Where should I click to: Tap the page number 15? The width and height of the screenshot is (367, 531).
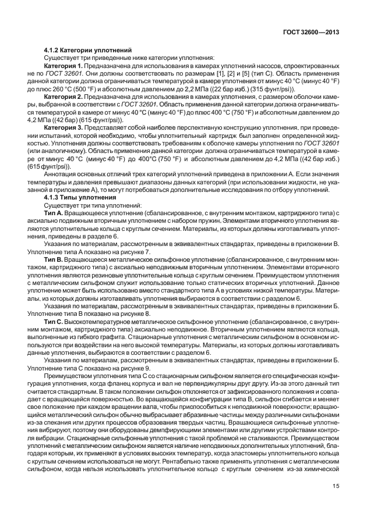point(336,503)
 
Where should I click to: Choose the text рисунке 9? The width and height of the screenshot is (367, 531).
point(132,368)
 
